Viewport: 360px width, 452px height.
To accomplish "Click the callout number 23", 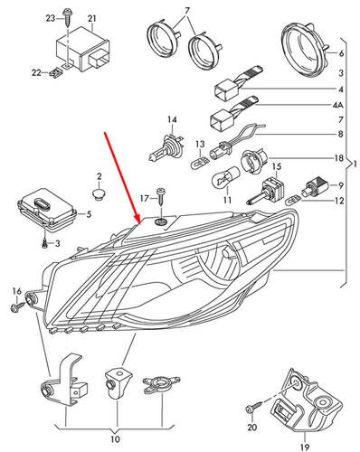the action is coord(51,18).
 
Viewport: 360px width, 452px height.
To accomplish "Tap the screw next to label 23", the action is coord(66,19).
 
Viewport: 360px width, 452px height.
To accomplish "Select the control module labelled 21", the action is coord(83,50).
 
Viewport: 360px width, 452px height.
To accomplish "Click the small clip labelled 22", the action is coord(56,73).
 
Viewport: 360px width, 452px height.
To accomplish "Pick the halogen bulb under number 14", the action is coord(166,147).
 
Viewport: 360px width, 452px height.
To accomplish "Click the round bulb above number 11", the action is coord(226,175).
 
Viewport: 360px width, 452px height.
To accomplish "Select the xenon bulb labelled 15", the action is coord(265,191).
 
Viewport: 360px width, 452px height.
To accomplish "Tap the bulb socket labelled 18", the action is coord(252,162).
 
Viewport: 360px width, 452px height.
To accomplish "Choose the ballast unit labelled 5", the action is coord(47,211).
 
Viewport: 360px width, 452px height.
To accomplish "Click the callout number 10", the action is coord(115,439).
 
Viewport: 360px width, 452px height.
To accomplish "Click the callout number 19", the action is coord(305,447).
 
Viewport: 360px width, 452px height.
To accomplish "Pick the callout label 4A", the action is coord(337,105).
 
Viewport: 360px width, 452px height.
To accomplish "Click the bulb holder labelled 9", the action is coord(314,185).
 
